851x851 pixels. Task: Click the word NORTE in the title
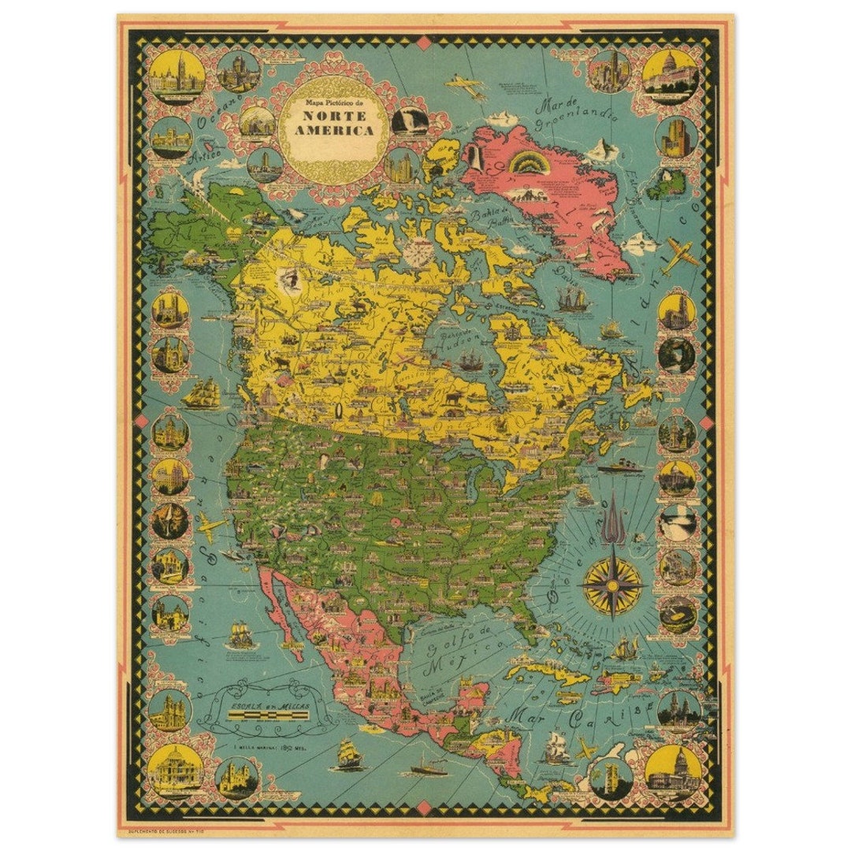point(334,115)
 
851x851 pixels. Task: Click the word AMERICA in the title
point(334,130)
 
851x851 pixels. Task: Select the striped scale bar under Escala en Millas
point(266,715)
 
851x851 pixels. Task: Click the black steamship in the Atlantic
point(620,468)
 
